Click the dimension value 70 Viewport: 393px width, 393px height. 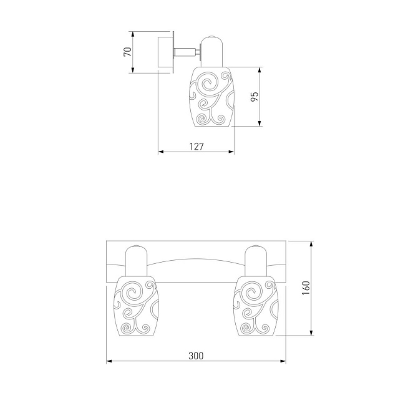point(128,52)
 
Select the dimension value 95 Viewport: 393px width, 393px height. point(254,97)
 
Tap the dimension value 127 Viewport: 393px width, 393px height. point(196,147)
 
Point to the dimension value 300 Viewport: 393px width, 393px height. point(196,356)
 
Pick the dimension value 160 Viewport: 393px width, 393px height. point(306,288)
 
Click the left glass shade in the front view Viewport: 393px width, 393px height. point(137,305)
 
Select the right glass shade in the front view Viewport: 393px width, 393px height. point(256,305)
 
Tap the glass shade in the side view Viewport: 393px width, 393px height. point(211,97)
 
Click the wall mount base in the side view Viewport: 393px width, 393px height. point(166,52)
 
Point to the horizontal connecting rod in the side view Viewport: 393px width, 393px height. point(185,52)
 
